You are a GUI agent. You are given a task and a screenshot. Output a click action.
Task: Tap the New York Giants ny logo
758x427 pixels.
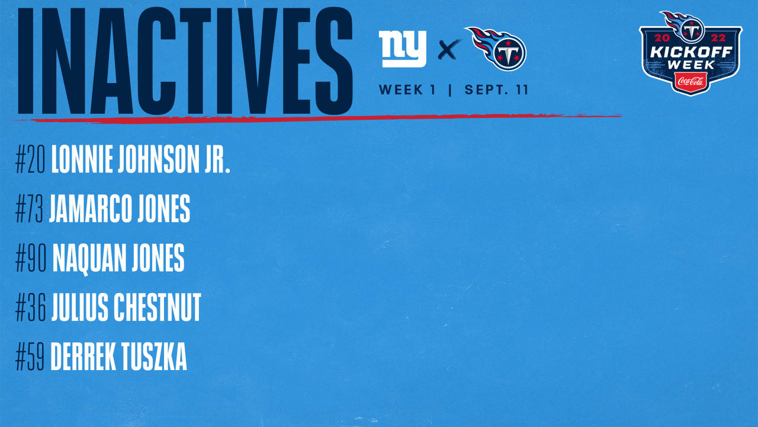tap(403, 49)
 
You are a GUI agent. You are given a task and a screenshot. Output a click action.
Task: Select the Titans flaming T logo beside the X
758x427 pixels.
tap(497, 49)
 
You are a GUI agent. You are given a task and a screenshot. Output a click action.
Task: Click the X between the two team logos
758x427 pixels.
tap(449, 50)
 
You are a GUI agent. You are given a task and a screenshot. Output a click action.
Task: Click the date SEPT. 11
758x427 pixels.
tap(496, 90)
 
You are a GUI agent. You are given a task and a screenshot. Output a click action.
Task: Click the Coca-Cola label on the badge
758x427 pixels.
tap(690, 80)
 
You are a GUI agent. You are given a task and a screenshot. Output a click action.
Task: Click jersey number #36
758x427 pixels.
tap(31, 308)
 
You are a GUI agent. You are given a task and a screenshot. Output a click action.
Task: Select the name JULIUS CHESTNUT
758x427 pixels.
tap(126, 308)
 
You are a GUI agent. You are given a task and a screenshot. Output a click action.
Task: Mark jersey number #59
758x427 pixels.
tap(31, 357)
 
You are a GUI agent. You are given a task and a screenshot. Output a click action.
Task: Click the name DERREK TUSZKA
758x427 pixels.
tap(119, 357)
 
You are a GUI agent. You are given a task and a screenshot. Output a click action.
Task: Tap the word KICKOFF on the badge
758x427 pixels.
tap(690, 52)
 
